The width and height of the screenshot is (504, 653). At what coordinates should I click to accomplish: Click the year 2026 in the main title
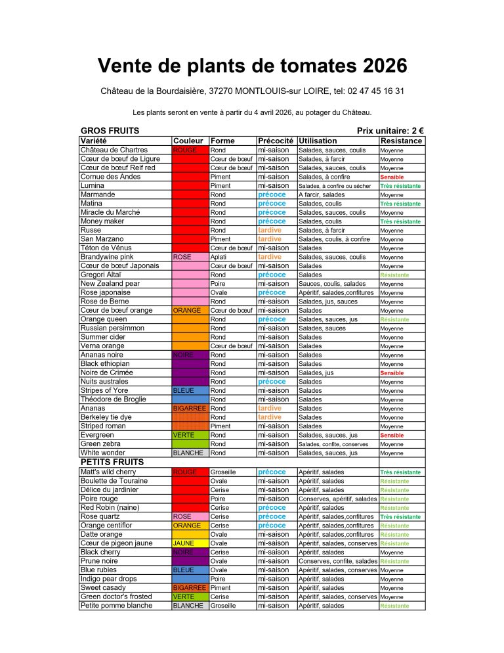coord(377,66)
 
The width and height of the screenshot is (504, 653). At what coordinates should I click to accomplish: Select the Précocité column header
coord(275,141)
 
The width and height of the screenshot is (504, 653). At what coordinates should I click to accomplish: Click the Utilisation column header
coord(318,141)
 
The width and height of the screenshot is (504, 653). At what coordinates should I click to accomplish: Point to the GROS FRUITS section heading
coord(110,131)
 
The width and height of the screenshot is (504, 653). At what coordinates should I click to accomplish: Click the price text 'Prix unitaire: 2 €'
coord(390,131)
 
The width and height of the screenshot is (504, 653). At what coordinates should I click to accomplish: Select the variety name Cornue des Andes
coord(110,177)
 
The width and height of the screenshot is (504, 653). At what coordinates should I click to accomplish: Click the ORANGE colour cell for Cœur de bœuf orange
coord(189,310)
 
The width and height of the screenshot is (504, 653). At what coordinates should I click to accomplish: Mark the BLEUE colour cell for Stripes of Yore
coord(189,390)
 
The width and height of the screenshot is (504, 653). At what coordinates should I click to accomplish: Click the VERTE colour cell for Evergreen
coord(189,435)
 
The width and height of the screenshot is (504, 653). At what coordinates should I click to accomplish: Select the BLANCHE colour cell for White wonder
coord(189,453)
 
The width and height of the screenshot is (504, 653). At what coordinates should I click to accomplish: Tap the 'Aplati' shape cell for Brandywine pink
coord(219,257)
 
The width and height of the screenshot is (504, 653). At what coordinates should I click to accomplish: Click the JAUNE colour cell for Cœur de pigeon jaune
coord(189,543)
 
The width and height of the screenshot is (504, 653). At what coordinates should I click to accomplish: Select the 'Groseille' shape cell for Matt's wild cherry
coord(223,472)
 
